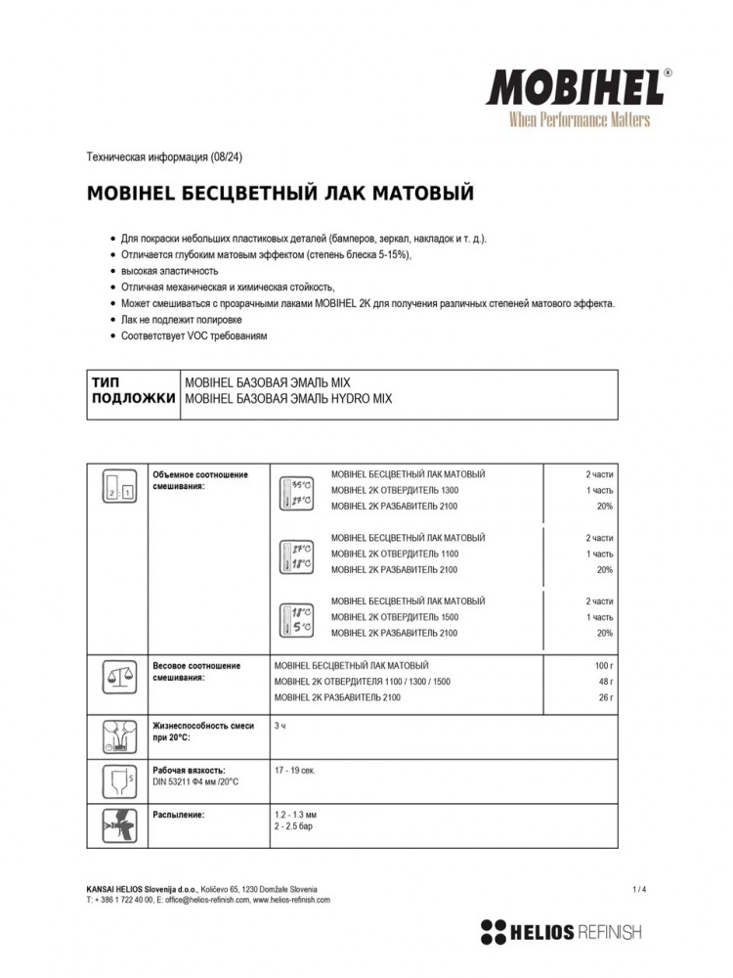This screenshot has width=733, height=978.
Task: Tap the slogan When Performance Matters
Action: pos(579,119)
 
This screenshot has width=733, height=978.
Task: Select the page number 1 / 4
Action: pos(639,888)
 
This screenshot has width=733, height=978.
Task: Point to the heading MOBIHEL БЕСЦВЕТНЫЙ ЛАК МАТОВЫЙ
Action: pos(280,192)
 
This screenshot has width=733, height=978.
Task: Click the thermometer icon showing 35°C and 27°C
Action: pos(296,491)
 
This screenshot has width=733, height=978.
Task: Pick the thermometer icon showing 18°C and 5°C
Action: pos(296,618)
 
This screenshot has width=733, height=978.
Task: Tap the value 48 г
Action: pos(606,682)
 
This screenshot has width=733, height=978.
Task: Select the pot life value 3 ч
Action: pos(280,725)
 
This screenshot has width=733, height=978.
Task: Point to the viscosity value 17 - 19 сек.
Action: pos(295,771)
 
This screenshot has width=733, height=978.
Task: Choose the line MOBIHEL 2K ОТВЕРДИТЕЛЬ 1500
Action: pos(395,618)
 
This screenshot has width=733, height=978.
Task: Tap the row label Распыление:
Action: pos(179,814)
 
